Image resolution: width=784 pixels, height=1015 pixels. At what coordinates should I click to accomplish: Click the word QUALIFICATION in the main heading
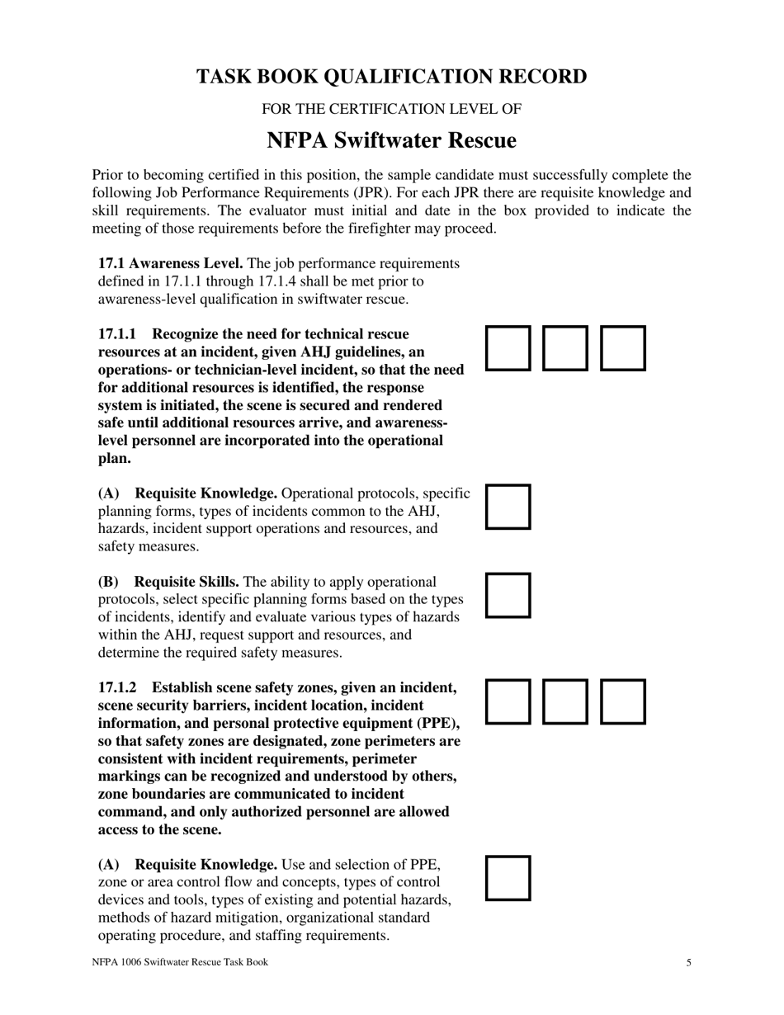click(x=390, y=77)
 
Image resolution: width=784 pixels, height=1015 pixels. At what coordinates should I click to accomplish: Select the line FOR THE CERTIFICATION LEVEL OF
click(x=391, y=109)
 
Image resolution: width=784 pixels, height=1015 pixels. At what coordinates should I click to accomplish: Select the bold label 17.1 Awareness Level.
click(x=170, y=263)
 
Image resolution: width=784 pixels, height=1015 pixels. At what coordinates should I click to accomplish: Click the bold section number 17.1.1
click(x=117, y=334)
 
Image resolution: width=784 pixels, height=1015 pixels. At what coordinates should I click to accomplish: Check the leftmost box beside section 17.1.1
click(x=508, y=348)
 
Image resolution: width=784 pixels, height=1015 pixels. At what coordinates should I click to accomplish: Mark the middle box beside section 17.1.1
click(x=565, y=348)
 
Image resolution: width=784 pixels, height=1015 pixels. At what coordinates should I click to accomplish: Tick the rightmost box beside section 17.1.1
click(x=622, y=348)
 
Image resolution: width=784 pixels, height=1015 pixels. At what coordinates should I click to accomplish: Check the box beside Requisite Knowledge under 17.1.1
click(x=508, y=507)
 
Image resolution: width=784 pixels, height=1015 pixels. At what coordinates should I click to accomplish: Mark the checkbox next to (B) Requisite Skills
click(x=508, y=596)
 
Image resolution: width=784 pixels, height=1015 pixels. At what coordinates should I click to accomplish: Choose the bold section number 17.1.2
click(x=117, y=688)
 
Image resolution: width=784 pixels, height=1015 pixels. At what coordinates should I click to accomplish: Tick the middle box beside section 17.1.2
click(x=565, y=702)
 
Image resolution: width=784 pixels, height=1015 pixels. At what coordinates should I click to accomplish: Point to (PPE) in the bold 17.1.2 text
click(x=439, y=724)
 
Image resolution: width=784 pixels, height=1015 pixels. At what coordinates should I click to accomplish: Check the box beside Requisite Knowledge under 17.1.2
click(x=508, y=878)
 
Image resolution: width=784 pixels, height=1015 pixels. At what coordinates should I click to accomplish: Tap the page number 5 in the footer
click(x=688, y=963)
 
